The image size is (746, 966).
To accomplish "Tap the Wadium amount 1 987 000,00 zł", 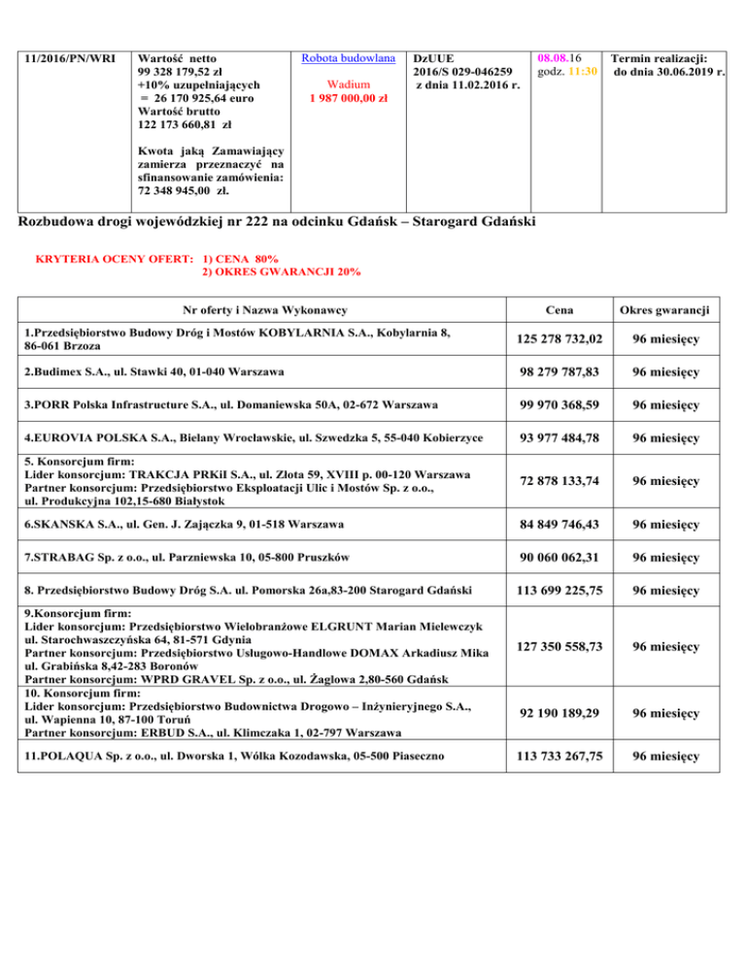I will tap(344, 98).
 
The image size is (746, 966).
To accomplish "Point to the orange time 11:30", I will tap(587, 71).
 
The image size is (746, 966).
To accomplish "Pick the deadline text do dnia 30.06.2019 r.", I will tap(672, 71).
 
